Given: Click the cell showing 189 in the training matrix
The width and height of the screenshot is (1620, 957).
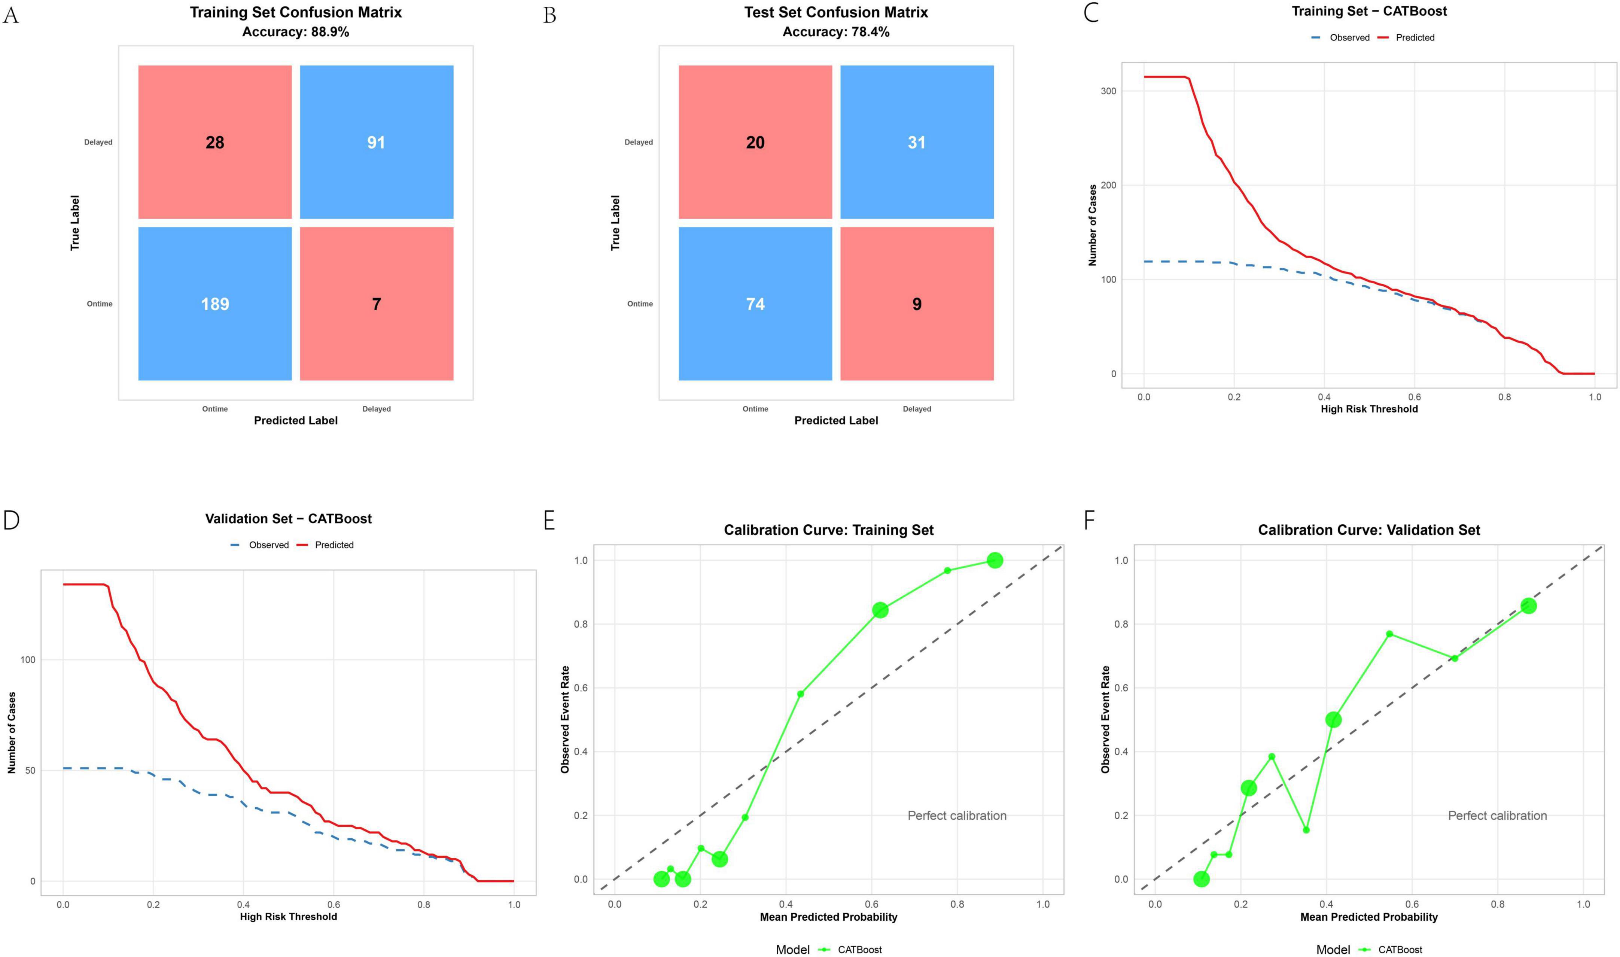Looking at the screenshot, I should (x=215, y=304).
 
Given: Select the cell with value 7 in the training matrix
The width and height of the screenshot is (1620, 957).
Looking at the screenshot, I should (x=377, y=304).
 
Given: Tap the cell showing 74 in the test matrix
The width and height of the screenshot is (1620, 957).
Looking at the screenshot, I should (x=755, y=304).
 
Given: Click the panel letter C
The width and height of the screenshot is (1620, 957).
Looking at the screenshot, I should (x=1090, y=13).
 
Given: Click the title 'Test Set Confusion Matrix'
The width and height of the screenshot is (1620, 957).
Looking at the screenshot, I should (x=836, y=12).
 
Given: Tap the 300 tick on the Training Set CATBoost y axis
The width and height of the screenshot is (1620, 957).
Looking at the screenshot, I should (x=1108, y=91).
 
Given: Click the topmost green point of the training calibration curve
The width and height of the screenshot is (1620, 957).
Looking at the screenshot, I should (x=995, y=560).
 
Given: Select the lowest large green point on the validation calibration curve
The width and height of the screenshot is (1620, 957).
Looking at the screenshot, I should (x=1201, y=879).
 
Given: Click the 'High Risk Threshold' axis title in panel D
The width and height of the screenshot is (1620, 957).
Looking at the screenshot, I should (x=288, y=916).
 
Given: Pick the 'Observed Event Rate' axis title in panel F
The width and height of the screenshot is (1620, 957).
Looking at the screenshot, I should (x=1105, y=719).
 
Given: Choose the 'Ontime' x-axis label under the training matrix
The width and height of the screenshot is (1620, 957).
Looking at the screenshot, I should (x=215, y=409).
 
